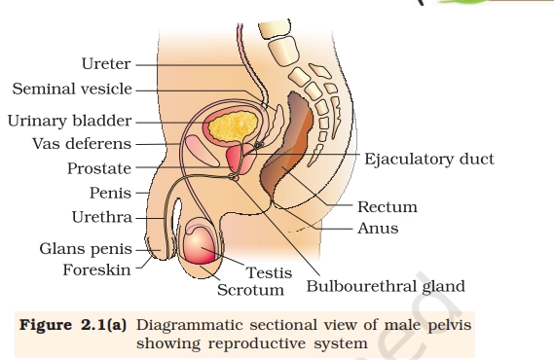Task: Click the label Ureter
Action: point(105,64)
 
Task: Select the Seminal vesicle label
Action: point(71,90)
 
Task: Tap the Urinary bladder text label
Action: point(69,122)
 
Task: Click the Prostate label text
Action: point(98,168)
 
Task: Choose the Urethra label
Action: point(102,216)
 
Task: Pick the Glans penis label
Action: point(85,249)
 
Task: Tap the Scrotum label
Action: point(250,290)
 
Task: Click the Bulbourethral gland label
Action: point(386,286)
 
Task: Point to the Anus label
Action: point(377,229)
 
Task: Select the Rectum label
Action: point(387,206)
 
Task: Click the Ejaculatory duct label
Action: point(429,159)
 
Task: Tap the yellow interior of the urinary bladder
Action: point(237,126)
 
